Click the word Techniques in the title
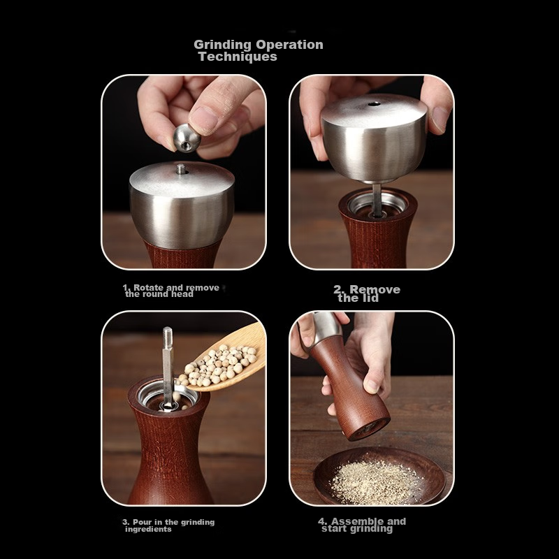[x=238, y=57]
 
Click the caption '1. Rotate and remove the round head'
[x=170, y=291]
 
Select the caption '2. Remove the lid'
[x=367, y=293]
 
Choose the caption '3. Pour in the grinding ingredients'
[x=168, y=525]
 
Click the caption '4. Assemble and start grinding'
[x=361, y=525]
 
